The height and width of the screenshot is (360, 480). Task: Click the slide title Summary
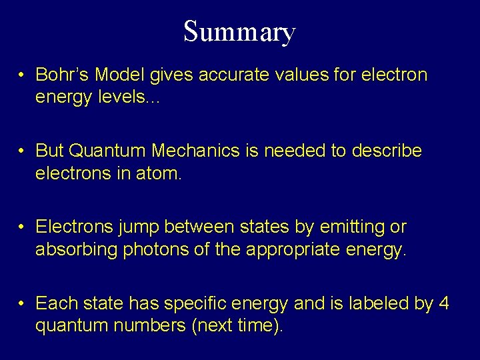(x=239, y=31)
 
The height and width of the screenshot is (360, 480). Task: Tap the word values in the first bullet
(x=291, y=74)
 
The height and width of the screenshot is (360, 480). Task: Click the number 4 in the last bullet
(x=444, y=303)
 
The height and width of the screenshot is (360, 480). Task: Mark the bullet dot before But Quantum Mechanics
(x=22, y=151)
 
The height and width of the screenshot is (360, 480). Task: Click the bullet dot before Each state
(x=22, y=304)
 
